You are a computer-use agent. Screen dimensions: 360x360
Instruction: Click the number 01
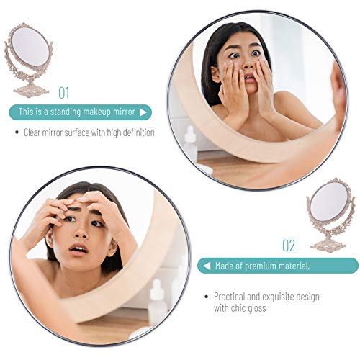coord(64,93)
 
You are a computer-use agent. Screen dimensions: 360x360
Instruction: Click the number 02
coord(289,246)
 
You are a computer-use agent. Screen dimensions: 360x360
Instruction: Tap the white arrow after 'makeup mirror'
coord(143,112)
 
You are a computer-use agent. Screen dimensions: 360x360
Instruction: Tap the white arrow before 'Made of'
coord(207,266)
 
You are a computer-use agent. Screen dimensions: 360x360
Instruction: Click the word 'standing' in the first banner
coord(65,112)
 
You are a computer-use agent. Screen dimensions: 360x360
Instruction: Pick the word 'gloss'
coord(257,308)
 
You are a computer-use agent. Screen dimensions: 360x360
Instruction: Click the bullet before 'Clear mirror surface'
coord(17,132)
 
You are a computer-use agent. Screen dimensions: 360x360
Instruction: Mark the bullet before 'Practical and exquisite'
coord(207,297)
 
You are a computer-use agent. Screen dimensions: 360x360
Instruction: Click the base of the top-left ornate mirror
coord(31,89)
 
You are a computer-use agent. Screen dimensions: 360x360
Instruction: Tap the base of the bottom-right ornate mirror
coord(328,244)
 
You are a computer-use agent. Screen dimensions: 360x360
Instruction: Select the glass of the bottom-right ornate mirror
coord(330,201)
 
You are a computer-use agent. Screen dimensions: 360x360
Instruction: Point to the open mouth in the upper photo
coord(250,78)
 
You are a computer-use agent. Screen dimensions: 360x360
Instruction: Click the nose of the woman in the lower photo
coord(81,232)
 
